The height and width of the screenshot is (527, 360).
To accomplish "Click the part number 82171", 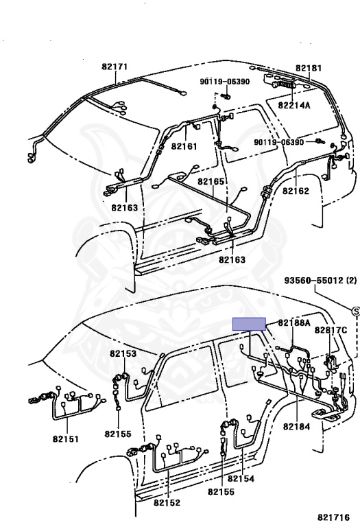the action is click(x=115, y=67).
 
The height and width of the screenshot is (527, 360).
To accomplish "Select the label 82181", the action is click(x=309, y=68).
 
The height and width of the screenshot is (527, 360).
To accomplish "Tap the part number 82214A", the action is click(x=294, y=105).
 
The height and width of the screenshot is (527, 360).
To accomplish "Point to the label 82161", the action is click(x=184, y=146).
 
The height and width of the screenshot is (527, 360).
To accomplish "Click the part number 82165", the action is click(x=211, y=181).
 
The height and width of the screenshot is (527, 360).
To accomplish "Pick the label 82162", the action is click(x=296, y=191).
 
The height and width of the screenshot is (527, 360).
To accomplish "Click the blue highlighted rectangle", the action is click(x=250, y=324).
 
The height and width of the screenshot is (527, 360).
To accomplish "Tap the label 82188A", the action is click(x=294, y=323).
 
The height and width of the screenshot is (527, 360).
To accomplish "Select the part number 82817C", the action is click(x=331, y=330).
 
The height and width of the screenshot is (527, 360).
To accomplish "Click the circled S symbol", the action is click(x=356, y=312).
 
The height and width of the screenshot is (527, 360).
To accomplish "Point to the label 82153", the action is click(x=123, y=353).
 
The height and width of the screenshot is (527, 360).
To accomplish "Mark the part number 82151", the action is click(x=66, y=439).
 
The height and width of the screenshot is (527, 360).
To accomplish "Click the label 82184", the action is click(x=296, y=427).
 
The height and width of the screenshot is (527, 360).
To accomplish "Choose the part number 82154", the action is click(x=241, y=478).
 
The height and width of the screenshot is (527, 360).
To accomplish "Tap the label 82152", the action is click(x=167, y=502).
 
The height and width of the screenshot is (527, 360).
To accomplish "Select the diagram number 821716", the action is click(x=333, y=517).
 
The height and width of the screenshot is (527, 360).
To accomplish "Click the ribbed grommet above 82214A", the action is click(x=285, y=84).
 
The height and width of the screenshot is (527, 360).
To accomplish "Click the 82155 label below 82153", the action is click(x=118, y=434).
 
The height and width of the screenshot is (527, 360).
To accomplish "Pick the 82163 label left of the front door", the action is click(x=125, y=208).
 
